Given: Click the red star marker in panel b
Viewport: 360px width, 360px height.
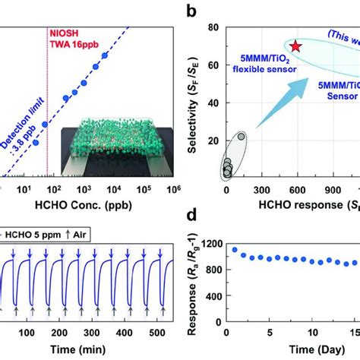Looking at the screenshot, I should click(x=295, y=46).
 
